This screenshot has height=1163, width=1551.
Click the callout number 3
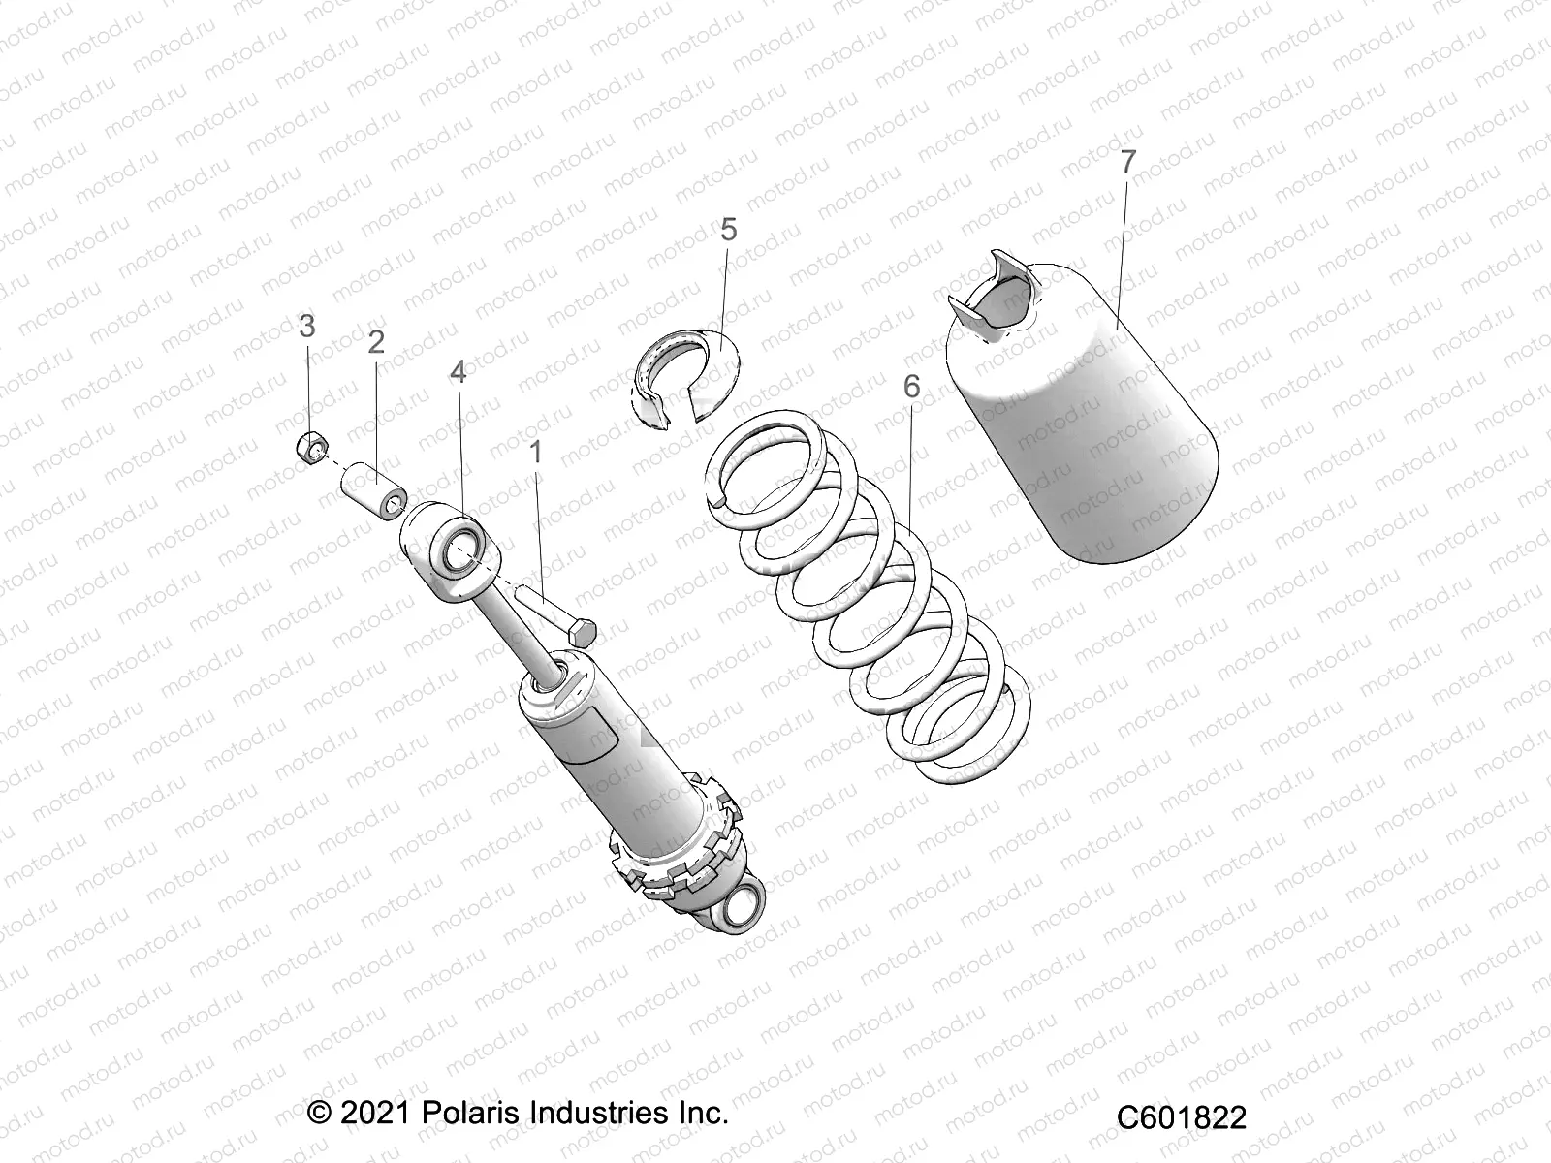coord(307,326)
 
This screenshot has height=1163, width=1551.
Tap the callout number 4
coord(458,372)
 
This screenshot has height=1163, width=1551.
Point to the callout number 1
coord(535,452)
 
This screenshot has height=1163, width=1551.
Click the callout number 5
coord(755,230)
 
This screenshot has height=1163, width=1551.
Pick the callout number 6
coord(911,387)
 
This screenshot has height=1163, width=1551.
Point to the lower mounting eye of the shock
coord(743,909)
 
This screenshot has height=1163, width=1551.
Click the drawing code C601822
coord(1181,1117)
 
